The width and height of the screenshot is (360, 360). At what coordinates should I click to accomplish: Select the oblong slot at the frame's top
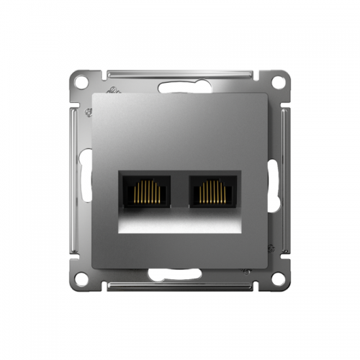click(180, 86)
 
